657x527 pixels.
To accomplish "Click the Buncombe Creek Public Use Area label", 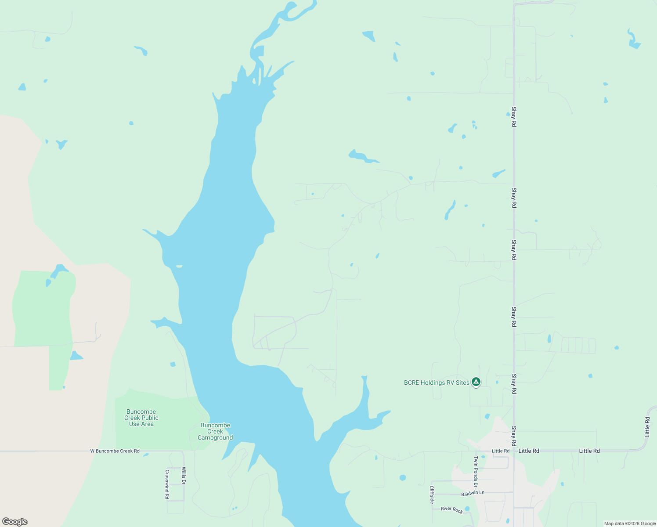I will (x=141, y=418).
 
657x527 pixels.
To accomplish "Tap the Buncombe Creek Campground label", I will (x=215, y=431).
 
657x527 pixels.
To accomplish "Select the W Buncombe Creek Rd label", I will (x=115, y=451).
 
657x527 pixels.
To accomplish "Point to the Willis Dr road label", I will (x=184, y=476).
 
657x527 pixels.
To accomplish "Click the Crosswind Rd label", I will (x=167, y=484).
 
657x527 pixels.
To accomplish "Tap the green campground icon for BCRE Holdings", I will (x=476, y=382).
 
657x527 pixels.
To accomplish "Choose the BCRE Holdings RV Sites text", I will (x=437, y=383).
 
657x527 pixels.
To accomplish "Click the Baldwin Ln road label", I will (x=473, y=493).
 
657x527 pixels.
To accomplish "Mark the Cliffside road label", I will (x=432, y=495).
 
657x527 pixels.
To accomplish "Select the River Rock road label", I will (x=451, y=509).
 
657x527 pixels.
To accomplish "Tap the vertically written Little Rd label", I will (x=647, y=427).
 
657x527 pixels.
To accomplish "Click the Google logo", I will (x=15, y=522).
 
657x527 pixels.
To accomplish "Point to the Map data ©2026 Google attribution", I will (x=630, y=523).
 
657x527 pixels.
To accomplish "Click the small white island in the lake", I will (x=179, y=266).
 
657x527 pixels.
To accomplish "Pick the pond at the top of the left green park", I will (x=59, y=270).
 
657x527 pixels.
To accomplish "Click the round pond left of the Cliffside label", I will (x=403, y=477).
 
